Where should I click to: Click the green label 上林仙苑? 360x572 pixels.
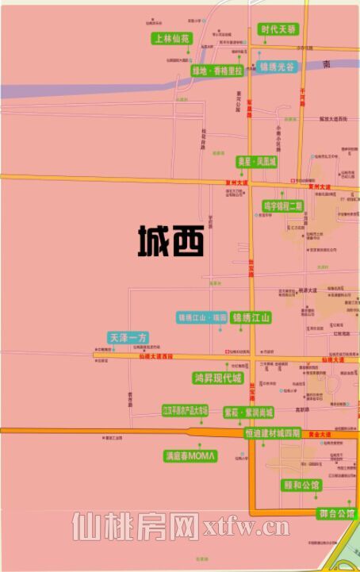(172, 38)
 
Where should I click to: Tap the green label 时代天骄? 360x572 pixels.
(280, 29)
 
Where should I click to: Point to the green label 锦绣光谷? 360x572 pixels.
(278, 67)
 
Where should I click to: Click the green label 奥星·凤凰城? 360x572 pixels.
(257, 162)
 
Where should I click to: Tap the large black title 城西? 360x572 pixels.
(171, 240)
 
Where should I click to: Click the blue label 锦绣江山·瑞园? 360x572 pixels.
(202, 318)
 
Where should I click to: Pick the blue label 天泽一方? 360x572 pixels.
(128, 338)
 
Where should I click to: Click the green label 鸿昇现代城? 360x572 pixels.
(216, 378)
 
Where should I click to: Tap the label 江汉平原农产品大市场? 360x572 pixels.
(185, 411)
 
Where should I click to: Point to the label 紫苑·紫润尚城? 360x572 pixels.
(248, 413)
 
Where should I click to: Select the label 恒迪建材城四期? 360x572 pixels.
(272, 434)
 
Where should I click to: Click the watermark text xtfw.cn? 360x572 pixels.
(248, 525)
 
